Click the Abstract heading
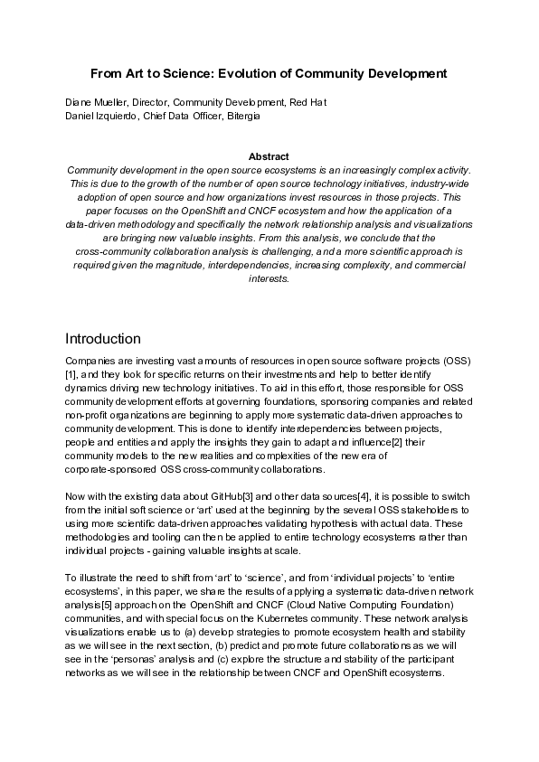269,156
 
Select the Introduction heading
103,339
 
